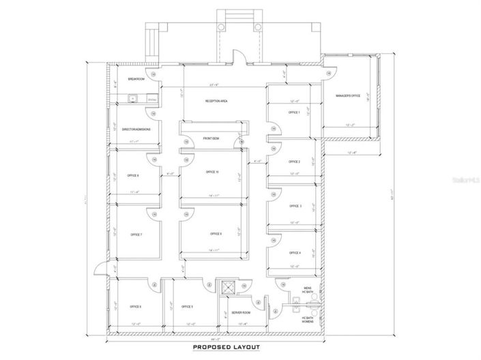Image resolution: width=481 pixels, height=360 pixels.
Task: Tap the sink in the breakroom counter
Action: [134, 100]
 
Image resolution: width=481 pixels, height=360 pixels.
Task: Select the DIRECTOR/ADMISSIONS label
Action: [136, 128]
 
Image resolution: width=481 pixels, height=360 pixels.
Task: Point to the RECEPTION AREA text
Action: [216, 101]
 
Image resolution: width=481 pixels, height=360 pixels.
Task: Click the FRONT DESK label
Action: [210, 138]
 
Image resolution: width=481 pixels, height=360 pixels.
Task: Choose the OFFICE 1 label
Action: [295, 112]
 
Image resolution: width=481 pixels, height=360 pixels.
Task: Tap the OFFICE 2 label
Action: [295, 162]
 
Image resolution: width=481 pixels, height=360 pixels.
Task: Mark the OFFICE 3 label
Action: [295, 206]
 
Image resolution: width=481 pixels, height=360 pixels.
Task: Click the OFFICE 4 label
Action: [295, 253]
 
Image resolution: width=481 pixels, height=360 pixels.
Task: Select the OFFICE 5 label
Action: [187, 306]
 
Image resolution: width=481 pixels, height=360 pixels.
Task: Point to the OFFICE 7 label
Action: [136, 235]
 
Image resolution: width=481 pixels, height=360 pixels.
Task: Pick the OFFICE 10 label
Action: [212, 172]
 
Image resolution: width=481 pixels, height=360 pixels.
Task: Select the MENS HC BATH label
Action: [307, 290]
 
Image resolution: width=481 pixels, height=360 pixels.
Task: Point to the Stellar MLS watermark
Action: [467, 180]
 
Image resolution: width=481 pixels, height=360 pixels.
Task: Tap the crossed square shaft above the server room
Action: [228, 288]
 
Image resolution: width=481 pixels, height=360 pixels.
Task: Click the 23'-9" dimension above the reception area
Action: [214, 85]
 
